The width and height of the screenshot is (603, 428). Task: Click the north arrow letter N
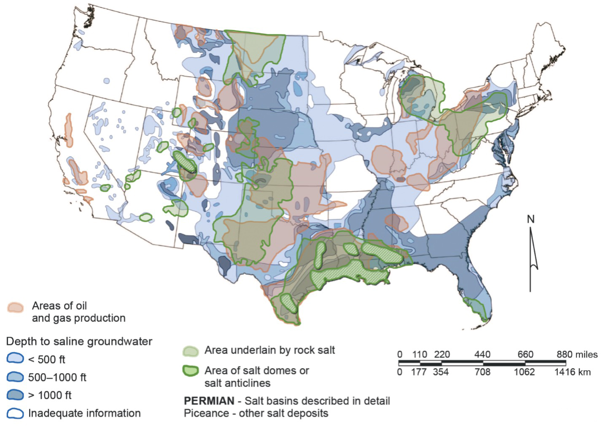531,219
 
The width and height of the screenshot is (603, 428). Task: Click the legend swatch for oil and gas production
16,307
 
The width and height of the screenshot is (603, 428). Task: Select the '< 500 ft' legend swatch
15,359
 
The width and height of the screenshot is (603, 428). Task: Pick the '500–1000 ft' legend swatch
15,377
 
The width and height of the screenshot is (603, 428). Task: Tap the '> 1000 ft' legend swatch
15,395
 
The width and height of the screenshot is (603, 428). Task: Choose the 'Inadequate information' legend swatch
15,413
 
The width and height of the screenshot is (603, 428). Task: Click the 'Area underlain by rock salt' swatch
191,351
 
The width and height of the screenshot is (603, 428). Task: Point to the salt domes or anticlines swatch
191,371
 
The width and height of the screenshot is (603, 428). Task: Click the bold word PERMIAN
209,401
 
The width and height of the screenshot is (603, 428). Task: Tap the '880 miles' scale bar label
576,354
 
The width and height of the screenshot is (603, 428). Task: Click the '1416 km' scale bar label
572,372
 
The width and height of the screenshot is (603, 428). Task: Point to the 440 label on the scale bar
482,354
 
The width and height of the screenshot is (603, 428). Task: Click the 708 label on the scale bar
482,372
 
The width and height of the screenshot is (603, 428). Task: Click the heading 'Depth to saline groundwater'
79,341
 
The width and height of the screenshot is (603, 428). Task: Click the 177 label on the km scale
419,372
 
